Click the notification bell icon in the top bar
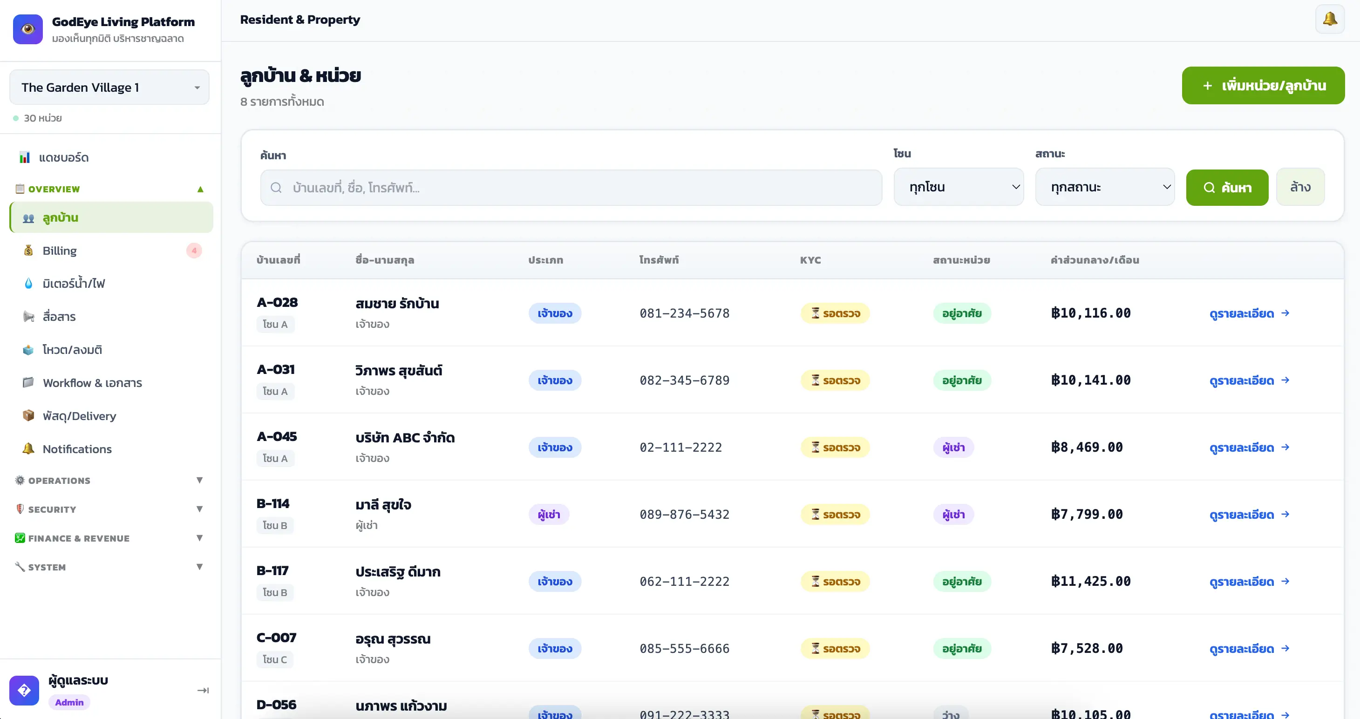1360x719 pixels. coord(1329,20)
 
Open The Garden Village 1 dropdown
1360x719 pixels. coord(109,87)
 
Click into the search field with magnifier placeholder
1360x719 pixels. coord(571,187)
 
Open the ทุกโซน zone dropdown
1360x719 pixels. coord(958,187)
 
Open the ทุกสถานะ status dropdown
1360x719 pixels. coord(1104,187)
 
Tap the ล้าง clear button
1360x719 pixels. coord(1300,187)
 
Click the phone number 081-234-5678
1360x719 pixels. coord(684,313)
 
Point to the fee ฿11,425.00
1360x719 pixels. coord(1091,581)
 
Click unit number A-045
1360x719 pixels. coord(277,437)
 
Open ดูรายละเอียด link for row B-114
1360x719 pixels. coord(1249,514)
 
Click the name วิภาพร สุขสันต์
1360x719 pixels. coord(399,370)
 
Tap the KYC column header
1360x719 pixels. coord(810,260)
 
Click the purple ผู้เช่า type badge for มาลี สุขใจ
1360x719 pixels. coord(549,514)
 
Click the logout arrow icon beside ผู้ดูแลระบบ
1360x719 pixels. coord(203,690)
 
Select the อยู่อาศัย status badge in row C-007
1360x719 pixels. coord(961,648)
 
